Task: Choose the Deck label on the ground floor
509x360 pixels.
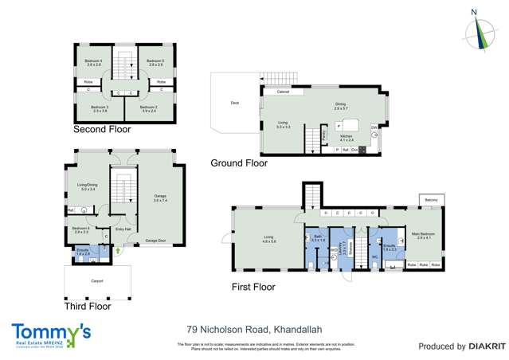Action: pos(234,102)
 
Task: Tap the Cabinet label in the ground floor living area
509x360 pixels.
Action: pos(283,92)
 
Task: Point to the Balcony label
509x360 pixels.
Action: pos(429,199)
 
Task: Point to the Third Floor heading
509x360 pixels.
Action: pos(88,306)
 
